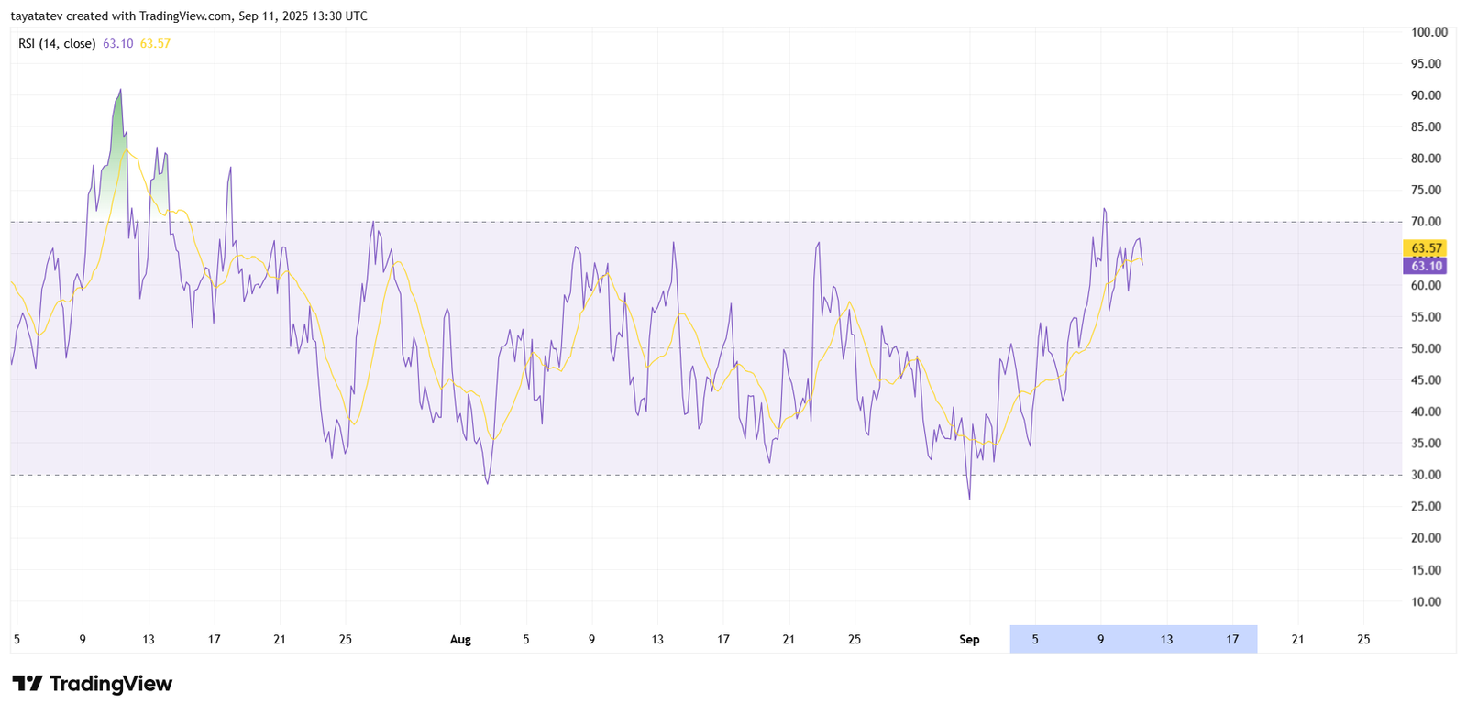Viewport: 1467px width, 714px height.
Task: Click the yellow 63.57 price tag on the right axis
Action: tap(1426, 248)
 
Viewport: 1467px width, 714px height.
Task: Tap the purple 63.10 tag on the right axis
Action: tap(1426, 266)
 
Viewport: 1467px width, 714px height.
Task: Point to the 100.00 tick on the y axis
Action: tap(1428, 32)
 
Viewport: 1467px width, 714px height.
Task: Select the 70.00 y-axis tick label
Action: tap(1426, 222)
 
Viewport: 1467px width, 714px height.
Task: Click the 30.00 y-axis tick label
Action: tap(1426, 475)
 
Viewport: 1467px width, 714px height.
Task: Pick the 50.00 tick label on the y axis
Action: tap(1426, 348)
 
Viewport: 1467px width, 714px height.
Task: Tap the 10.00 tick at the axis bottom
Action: tap(1426, 601)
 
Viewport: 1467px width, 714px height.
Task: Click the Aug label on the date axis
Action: tap(460, 640)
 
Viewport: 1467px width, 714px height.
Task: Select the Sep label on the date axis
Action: tap(969, 640)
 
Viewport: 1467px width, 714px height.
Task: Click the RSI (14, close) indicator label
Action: tap(57, 43)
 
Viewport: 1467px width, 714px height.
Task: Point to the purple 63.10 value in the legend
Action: tap(117, 43)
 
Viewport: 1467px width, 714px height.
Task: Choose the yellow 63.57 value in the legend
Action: tap(155, 43)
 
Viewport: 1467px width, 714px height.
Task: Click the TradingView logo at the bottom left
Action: tap(92, 684)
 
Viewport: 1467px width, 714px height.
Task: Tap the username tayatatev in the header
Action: tap(38, 16)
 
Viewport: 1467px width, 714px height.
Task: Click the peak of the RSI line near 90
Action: tap(120, 90)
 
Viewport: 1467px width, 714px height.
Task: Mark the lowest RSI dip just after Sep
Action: tap(969, 499)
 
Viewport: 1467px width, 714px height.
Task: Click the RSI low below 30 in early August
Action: tap(487, 483)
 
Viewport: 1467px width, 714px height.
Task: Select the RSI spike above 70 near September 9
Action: tap(1105, 209)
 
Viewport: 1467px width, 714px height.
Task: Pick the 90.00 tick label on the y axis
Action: tap(1426, 95)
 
